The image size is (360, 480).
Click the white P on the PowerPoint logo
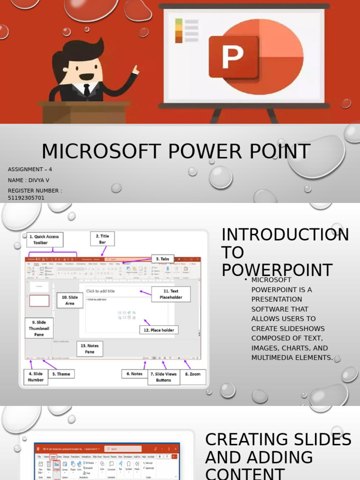pyautogui.click(x=233, y=58)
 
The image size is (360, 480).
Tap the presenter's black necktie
pyautogui.click(x=87, y=90)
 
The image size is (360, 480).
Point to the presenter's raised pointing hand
pyautogui.click(x=135, y=71)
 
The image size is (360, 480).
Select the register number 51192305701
pyautogui.click(x=26, y=198)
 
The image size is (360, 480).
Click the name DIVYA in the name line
pyautogui.click(x=38, y=180)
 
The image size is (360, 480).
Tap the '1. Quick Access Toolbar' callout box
pyautogui.click(x=45, y=240)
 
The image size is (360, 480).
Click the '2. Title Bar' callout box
pyautogui.click(x=102, y=239)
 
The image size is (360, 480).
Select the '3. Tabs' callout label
pyautogui.click(x=162, y=259)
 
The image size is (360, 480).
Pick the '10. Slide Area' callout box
pyautogui.click(x=70, y=300)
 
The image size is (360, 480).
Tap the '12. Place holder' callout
pyautogui.click(x=158, y=330)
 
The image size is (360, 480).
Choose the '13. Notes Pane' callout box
pyautogui.click(x=90, y=348)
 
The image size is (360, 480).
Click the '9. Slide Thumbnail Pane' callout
pyautogui.click(x=39, y=328)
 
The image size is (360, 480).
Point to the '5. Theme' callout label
pyautogui.click(x=61, y=374)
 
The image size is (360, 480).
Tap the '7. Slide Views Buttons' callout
pyautogui.click(x=163, y=377)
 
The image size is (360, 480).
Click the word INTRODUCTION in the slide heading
pyautogui.click(x=285, y=235)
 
